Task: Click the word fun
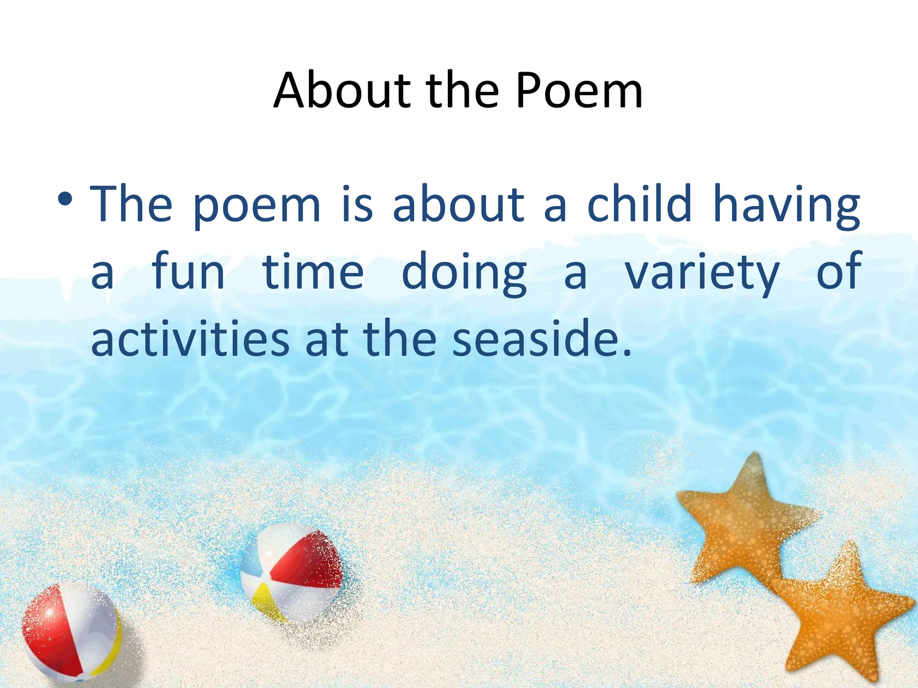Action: tap(188, 271)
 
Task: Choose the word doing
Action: tap(464, 273)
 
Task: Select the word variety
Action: tap(702, 273)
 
